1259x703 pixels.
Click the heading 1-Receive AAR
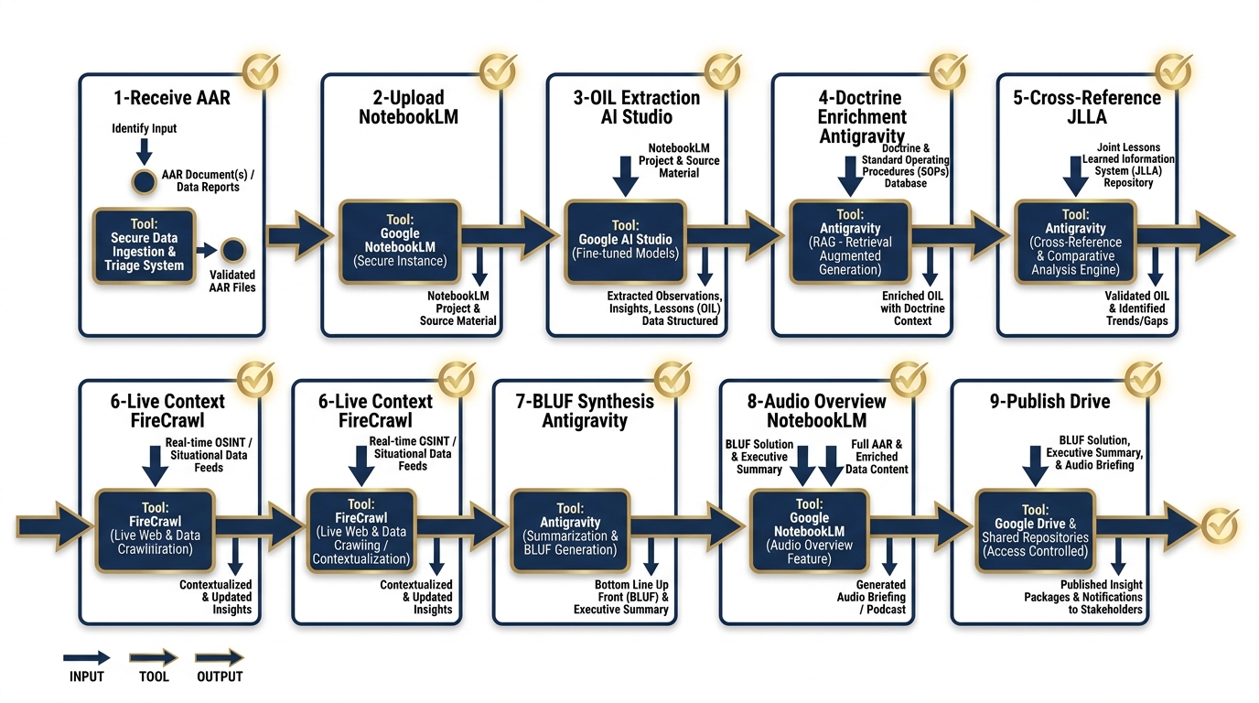click(x=172, y=98)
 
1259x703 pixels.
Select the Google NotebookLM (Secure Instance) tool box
click(x=401, y=240)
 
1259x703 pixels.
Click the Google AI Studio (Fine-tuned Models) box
click(x=625, y=240)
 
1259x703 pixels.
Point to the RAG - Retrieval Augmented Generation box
click(x=851, y=242)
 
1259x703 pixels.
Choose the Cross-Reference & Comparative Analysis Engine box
click(x=1074, y=242)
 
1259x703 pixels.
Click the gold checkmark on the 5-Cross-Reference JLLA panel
click(x=1173, y=70)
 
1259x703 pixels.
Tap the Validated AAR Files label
click(x=232, y=280)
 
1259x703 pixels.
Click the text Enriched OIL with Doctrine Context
click(x=912, y=308)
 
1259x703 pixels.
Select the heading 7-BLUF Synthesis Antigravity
click(x=586, y=411)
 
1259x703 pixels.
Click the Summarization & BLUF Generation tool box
click(x=570, y=529)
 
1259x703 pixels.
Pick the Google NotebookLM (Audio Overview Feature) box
click(x=809, y=531)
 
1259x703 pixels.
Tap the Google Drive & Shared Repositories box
click(x=1035, y=531)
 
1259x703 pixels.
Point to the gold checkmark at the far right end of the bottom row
click(x=1219, y=525)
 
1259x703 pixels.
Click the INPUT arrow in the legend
click(x=86, y=657)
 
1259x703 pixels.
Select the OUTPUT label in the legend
click(x=220, y=676)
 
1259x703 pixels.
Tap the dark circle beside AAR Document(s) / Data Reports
click(x=144, y=181)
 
